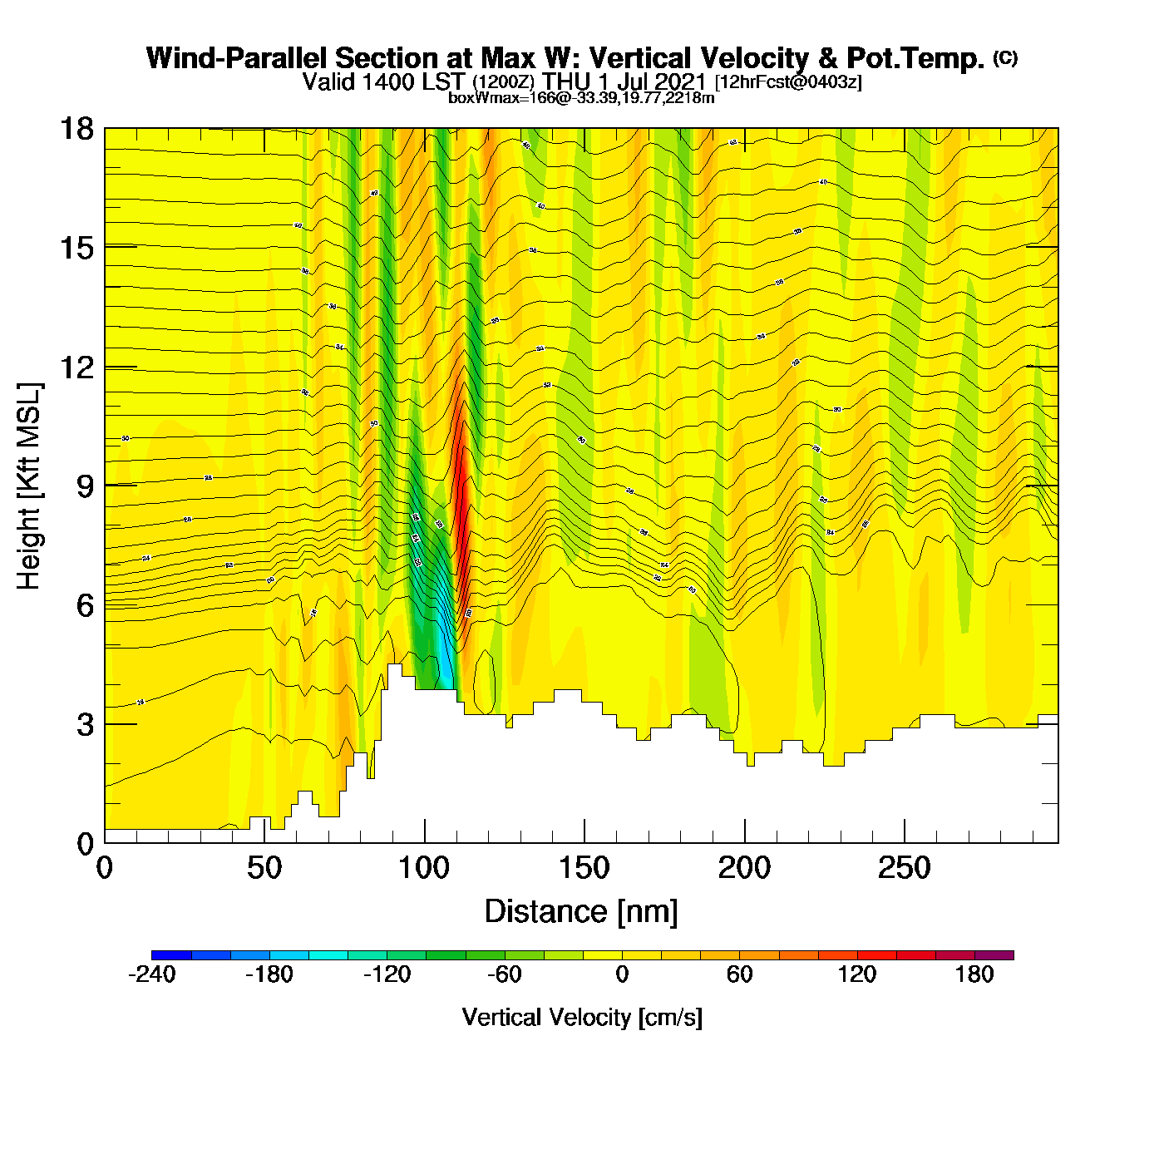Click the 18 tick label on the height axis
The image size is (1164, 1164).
click(x=76, y=129)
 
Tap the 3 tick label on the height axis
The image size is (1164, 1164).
click(x=86, y=724)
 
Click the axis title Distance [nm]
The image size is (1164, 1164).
click(x=581, y=912)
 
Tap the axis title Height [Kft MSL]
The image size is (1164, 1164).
click(x=29, y=486)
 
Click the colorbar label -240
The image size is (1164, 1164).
click(x=152, y=974)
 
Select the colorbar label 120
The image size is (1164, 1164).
click(x=857, y=974)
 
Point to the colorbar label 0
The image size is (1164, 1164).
click(x=622, y=974)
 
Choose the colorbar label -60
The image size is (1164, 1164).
click(x=505, y=974)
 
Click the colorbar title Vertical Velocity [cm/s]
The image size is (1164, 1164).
click(x=582, y=1018)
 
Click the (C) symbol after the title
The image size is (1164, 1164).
click(x=1005, y=57)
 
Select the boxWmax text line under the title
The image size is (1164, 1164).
click(x=581, y=98)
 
